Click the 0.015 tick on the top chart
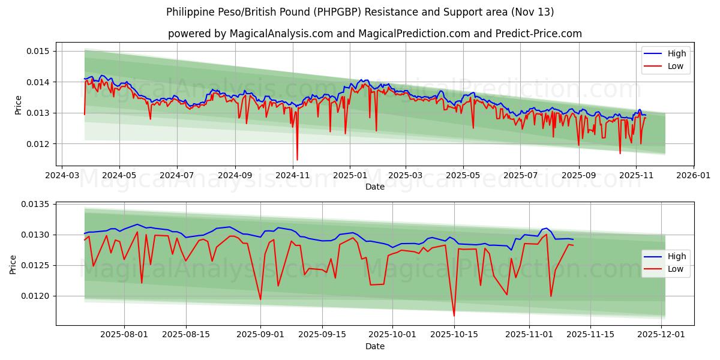37,51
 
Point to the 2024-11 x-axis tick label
292,176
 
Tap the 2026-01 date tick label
693,176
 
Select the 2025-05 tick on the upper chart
463,176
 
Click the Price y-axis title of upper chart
18,105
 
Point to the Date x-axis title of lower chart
375,346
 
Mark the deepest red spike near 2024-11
297,160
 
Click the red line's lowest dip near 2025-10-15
454,316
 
